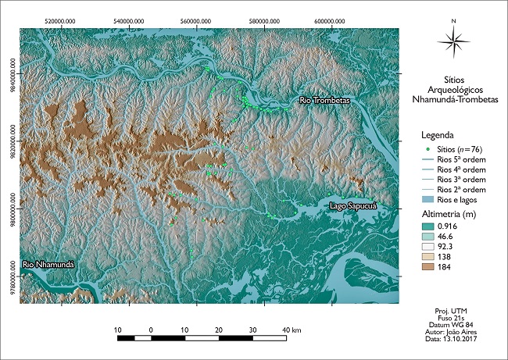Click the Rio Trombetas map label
(x=326, y=101)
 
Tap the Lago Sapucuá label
(x=353, y=205)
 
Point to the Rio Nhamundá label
(x=48, y=265)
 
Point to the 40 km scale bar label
(x=292, y=330)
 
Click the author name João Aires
(x=463, y=330)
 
